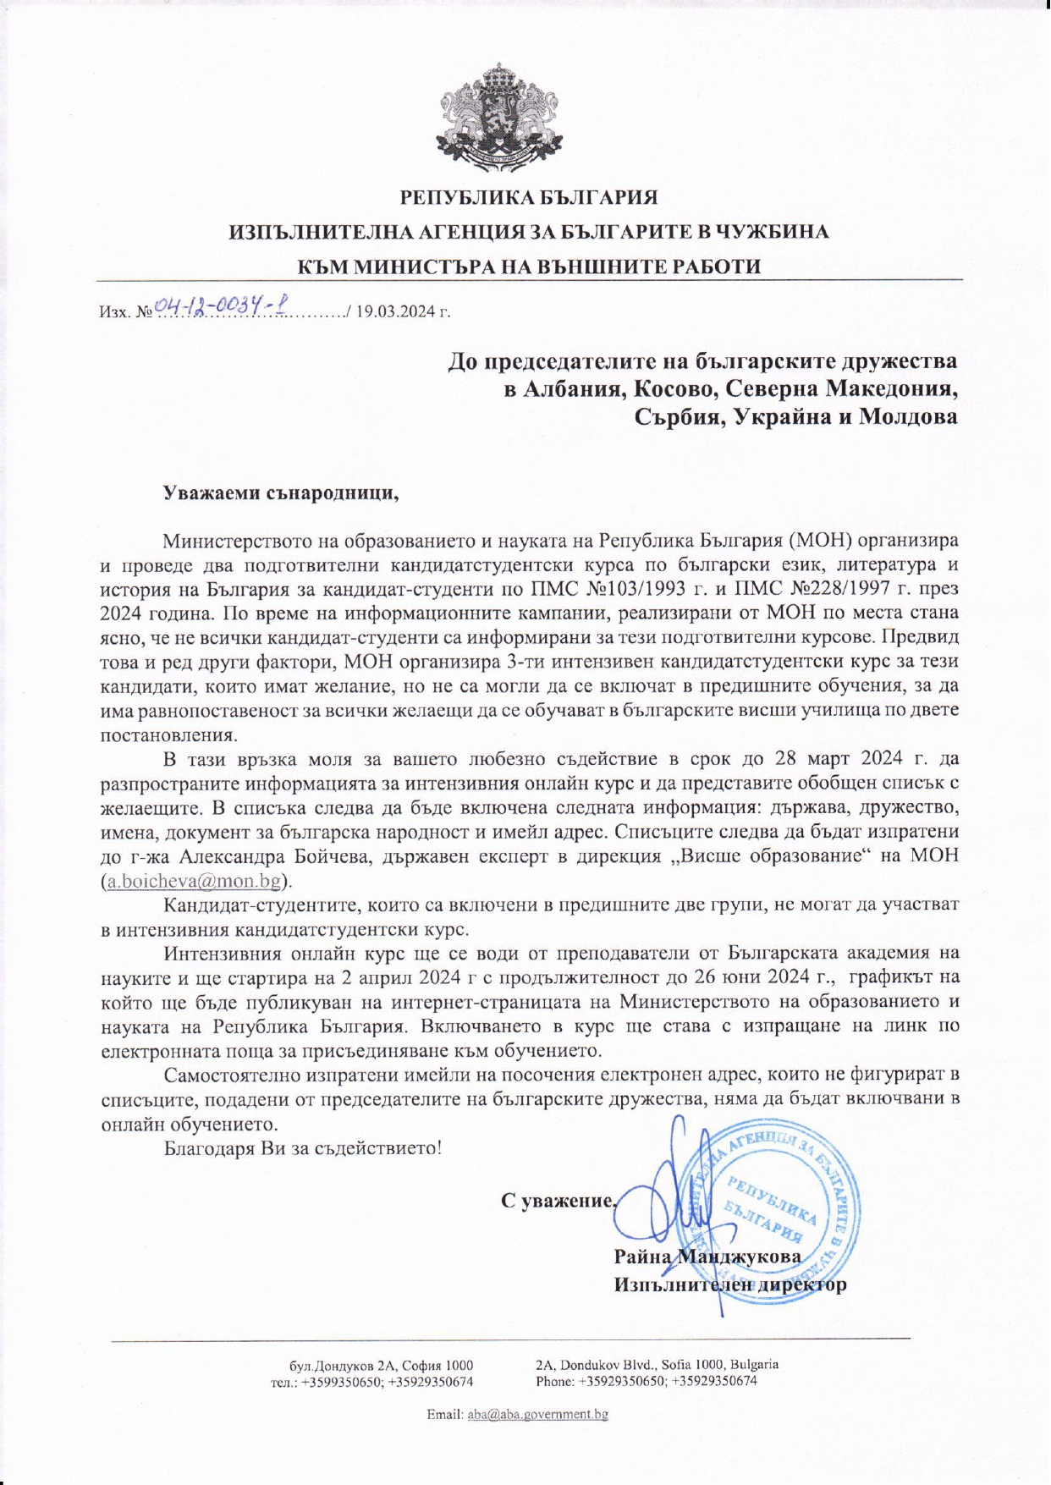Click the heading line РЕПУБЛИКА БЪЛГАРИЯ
[x=528, y=198]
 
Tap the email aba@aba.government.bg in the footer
[x=537, y=1414]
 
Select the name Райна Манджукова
[x=707, y=1256]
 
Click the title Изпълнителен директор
[x=729, y=1284]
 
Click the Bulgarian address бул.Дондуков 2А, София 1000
[x=381, y=1365]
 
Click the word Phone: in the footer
[x=555, y=1381]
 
